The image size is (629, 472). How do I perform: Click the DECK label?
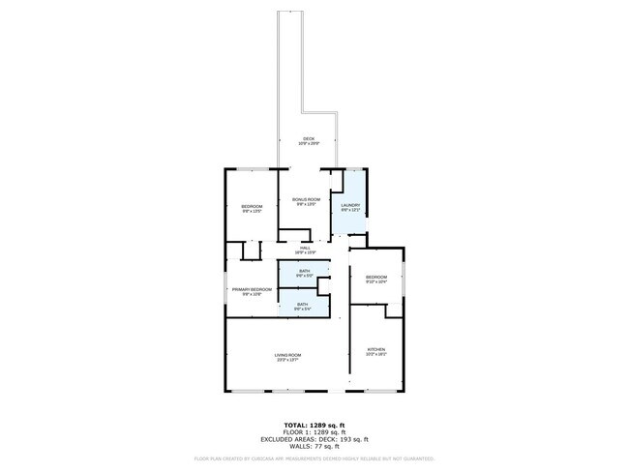tap(309, 139)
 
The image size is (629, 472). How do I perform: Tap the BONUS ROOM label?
tap(307, 199)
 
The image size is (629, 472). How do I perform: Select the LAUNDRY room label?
tap(350, 205)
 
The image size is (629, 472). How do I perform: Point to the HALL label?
tap(306, 248)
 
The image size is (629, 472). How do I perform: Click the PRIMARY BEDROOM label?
tap(252, 289)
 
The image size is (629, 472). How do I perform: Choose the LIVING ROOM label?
tap(287, 355)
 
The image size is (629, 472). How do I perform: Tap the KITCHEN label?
tap(376, 349)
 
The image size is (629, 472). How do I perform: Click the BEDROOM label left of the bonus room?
tap(252, 206)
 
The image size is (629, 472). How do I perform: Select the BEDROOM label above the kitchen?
tap(376, 278)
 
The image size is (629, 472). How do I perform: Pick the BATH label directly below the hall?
tap(304, 270)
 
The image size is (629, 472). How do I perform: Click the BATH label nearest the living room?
tap(304, 304)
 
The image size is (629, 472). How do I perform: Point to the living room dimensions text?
tap(287, 361)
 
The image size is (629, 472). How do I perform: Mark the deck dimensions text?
tap(309, 145)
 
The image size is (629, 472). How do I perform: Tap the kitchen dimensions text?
tap(376, 355)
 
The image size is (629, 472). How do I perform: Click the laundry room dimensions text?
tap(350, 211)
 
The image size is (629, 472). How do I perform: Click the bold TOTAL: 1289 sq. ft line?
tap(314, 426)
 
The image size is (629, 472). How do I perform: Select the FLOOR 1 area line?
tap(314, 431)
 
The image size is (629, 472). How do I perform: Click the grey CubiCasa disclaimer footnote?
tap(314, 458)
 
